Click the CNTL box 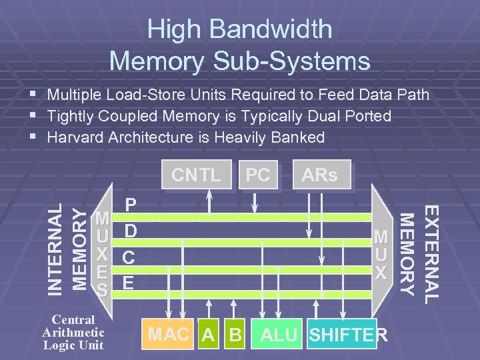(x=196, y=175)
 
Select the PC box (x=257, y=175)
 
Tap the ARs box (x=319, y=175)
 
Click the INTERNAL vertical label (x=58, y=249)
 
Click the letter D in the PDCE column (x=131, y=231)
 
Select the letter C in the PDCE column (x=131, y=257)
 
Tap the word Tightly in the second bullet (x=71, y=116)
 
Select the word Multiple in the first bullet (x=77, y=95)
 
